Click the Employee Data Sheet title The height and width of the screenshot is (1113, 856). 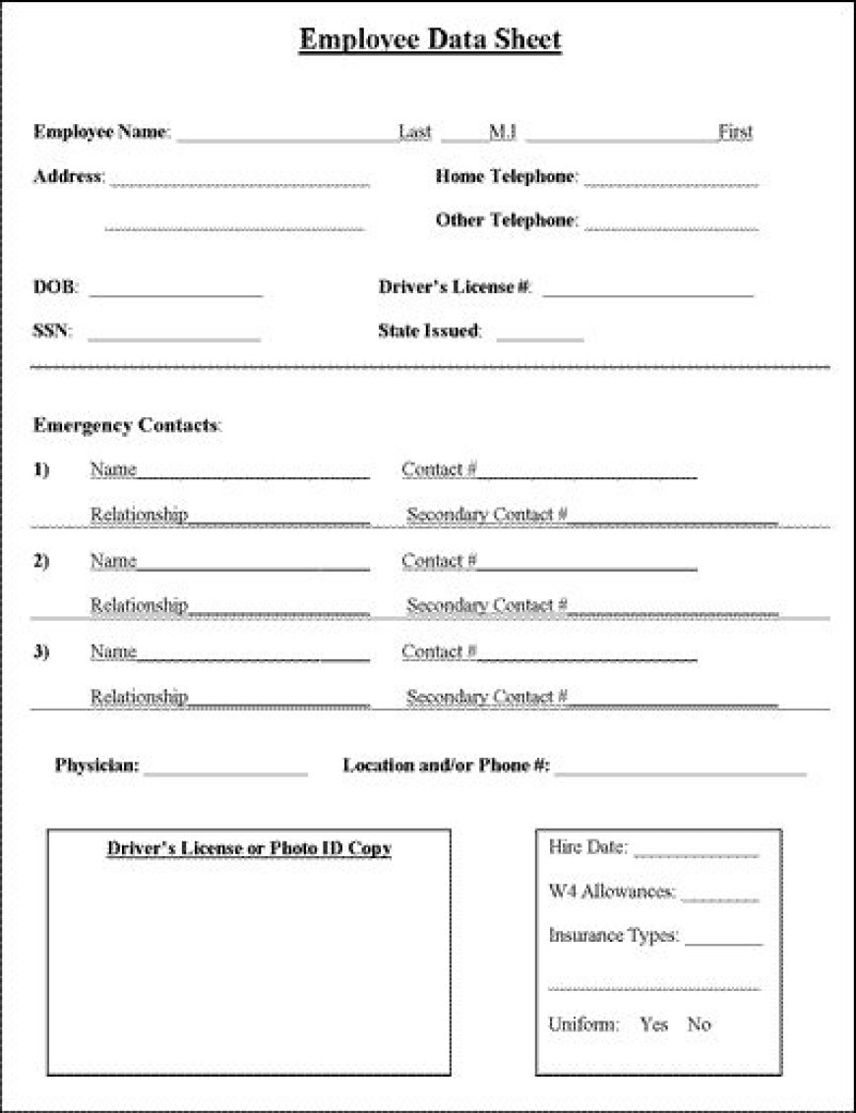[x=430, y=40]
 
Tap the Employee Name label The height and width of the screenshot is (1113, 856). [x=101, y=132]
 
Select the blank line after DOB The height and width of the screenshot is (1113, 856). [x=175, y=294]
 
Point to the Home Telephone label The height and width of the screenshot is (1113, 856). [x=505, y=177]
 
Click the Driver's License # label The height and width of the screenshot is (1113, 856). [x=455, y=287]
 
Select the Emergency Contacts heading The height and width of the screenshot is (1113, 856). [x=127, y=426]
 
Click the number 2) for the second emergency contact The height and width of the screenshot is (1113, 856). [x=41, y=561]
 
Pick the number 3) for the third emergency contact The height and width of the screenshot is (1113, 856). [x=41, y=651]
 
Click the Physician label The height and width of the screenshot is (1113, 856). [x=97, y=766]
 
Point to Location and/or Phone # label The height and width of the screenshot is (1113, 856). [x=446, y=766]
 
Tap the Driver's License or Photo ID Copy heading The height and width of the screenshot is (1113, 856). [x=249, y=848]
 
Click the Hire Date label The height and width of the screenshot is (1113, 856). [x=587, y=847]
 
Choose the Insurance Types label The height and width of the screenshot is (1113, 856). [x=613, y=936]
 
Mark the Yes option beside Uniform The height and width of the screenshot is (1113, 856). [x=653, y=1024]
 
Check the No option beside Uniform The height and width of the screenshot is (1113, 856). [x=699, y=1024]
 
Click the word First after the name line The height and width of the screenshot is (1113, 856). [x=735, y=132]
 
